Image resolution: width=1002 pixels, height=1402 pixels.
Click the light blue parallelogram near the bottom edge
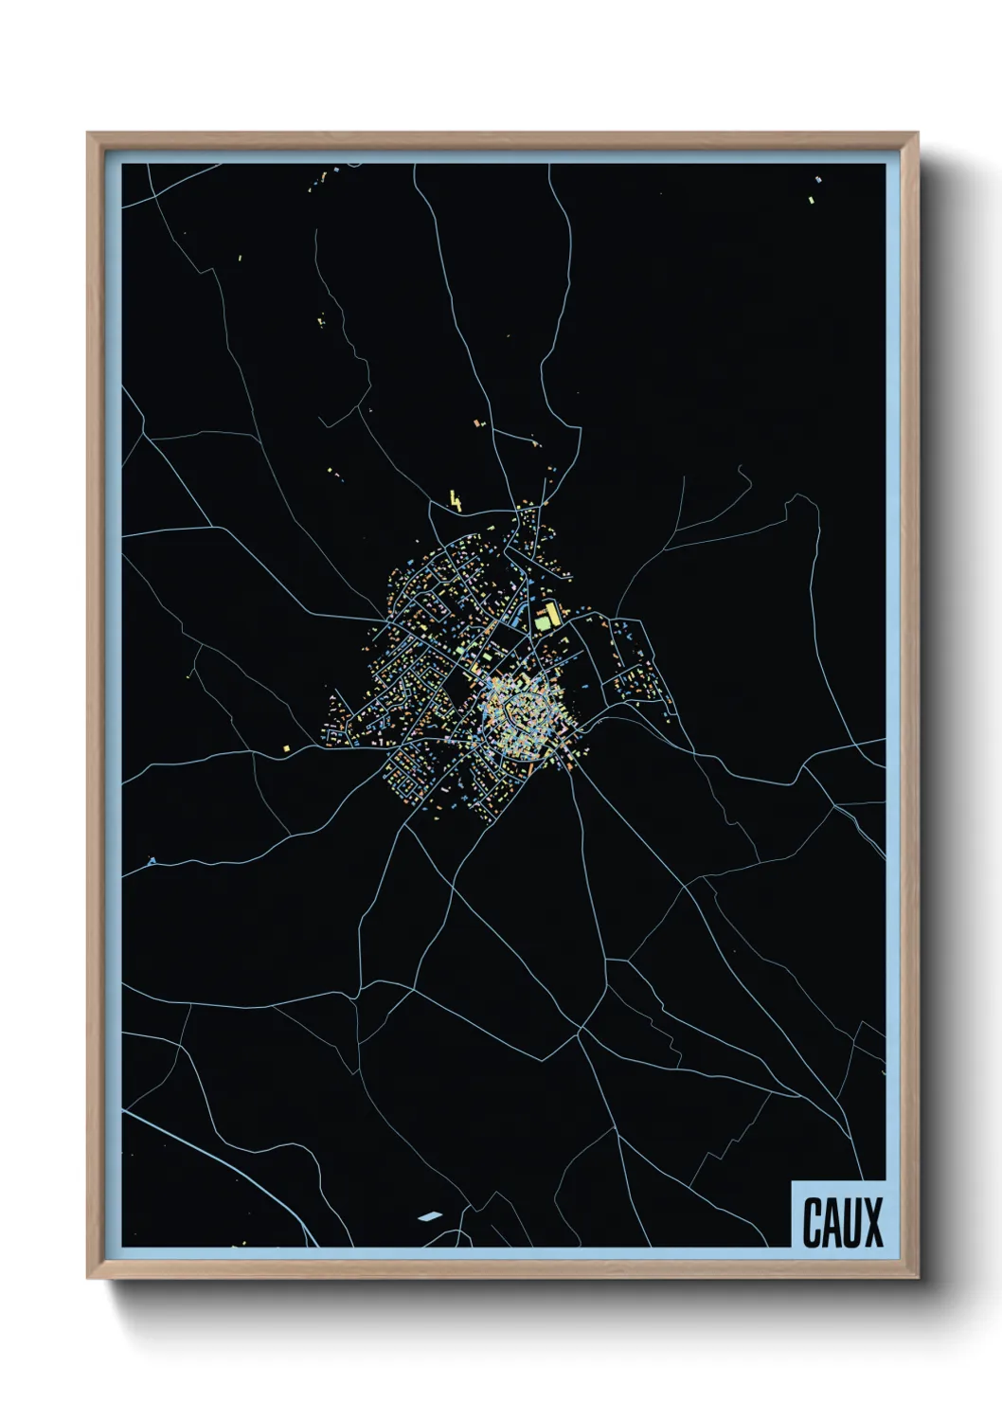(x=429, y=1216)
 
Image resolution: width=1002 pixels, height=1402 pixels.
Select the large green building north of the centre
(x=543, y=621)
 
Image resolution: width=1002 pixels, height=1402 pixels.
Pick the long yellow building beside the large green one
(x=553, y=614)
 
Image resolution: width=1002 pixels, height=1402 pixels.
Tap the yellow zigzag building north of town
(x=456, y=500)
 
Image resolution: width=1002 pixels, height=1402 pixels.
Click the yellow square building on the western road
(x=285, y=747)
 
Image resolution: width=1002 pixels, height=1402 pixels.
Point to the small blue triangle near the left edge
(x=152, y=861)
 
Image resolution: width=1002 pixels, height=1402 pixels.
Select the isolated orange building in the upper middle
(x=478, y=422)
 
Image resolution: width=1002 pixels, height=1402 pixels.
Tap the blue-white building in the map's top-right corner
(x=818, y=179)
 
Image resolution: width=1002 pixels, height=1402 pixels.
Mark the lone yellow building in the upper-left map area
(x=238, y=256)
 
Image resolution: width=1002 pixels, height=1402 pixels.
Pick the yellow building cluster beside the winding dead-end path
(x=321, y=320)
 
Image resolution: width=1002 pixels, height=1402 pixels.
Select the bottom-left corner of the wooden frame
(x=89, y=1277)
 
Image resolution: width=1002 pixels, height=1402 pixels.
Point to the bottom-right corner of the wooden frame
(x=917, y=1277)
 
